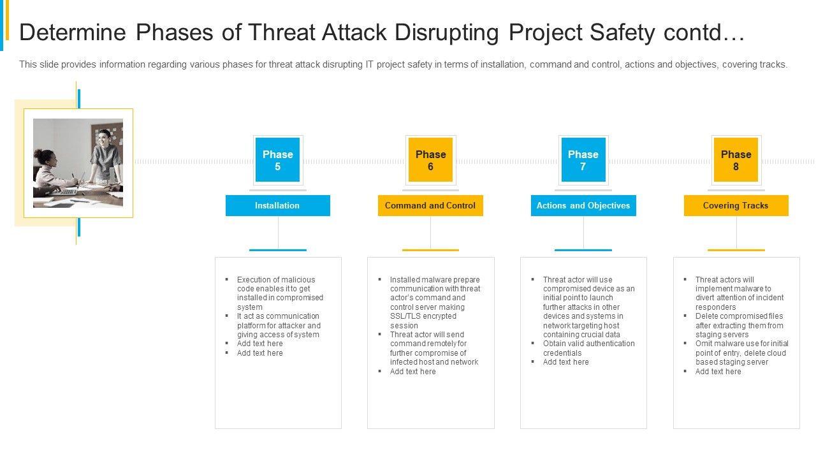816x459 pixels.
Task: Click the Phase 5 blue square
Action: click(277, 160)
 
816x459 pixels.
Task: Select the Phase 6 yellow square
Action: click(430, 160)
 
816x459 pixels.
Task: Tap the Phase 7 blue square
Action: click(583, 160)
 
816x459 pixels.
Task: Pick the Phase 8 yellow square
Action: click(736, 160)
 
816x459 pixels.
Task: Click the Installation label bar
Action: click(277, 205)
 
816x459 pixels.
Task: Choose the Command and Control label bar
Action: click(430, 205)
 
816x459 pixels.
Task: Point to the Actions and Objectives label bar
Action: click(583, 205)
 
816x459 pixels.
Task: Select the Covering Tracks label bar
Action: click(736, 205)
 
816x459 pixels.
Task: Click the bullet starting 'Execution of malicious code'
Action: click(279, 293)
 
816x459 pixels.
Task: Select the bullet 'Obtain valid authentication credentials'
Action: click(588, 348)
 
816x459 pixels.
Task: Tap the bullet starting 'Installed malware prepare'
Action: click(434, 302)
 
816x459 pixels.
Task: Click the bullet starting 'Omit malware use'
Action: click(741, 353)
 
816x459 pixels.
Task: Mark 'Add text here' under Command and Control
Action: click(412, 371)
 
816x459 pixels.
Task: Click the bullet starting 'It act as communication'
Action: click(278, 325)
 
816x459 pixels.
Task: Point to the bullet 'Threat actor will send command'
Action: click(433, 348)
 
